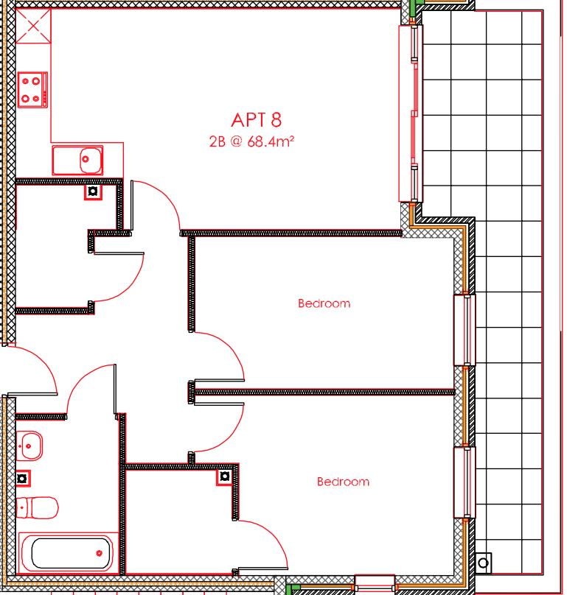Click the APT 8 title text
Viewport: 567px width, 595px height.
pyautogui.click(x=256, y=119)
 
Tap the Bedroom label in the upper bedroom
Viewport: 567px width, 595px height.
pyautogui.click(x=324, y=303)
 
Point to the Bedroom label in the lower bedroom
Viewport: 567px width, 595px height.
pyautogui.click(x=343, y=482)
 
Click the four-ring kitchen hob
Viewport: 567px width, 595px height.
pyautogui.click(x=32, y=89)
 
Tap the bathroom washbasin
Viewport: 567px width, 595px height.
pyautogui.click(x=29, y=444)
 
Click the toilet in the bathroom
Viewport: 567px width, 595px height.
pyautogui.click(x=37, y=506)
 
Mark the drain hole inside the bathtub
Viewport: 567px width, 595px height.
pyautogui.click(x=99, y=553)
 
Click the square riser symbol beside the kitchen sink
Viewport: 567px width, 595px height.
pyautogui.click(x=93, y=192)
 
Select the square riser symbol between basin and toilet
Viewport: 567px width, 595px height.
pyautogui.click(x=22, y=478)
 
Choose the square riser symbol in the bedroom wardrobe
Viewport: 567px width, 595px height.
pyautogui.click(x=223, y=478)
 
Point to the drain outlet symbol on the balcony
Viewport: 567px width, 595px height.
pyautogui.click(x=483, y=563)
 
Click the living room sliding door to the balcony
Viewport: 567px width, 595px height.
pyautogui.click(x=410, y=113)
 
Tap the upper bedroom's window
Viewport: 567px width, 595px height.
pyautogui.click(x=463, y=329)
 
